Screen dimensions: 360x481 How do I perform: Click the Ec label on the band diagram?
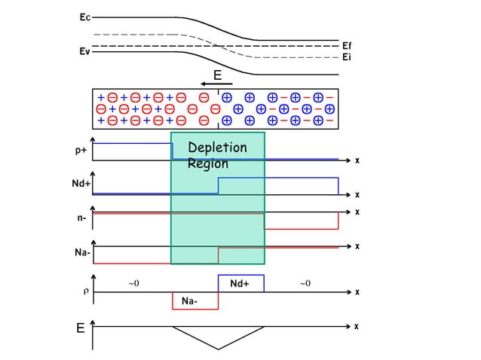pos(84,16)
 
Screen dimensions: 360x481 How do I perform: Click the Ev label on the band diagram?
pos(84,52)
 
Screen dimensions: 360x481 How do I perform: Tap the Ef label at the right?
pos(347,46)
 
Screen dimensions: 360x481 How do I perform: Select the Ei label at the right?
pos(347,57)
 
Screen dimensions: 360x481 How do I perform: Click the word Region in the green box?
pos(207,163)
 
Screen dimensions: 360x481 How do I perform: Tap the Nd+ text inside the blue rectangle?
pos(240,284)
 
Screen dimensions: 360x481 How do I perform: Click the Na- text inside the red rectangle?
pos(190,301)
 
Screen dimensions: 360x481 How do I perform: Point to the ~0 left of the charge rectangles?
pos(133,283)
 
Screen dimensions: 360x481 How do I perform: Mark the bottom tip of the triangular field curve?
pos(219,349)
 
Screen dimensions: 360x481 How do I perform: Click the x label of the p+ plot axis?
pos(357,160)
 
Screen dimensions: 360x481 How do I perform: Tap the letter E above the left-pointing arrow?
pos(217,75)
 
